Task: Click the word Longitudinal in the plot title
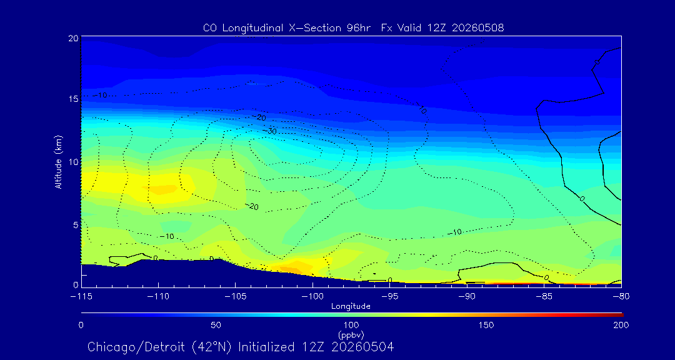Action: [249, 28]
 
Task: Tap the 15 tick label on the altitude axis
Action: [72, 99]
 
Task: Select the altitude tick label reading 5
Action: [75, 225]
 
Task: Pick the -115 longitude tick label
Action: [81, 297]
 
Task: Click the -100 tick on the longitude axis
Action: [312, 297]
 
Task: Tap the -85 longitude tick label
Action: [544, 297]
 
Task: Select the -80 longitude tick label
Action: [621, 297]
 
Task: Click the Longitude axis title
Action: [351, 307]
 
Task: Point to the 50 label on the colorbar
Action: [216, 325]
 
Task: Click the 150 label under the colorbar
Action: [486, 325]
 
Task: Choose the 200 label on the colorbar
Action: [621, 325]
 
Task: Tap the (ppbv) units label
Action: [351, 334]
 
